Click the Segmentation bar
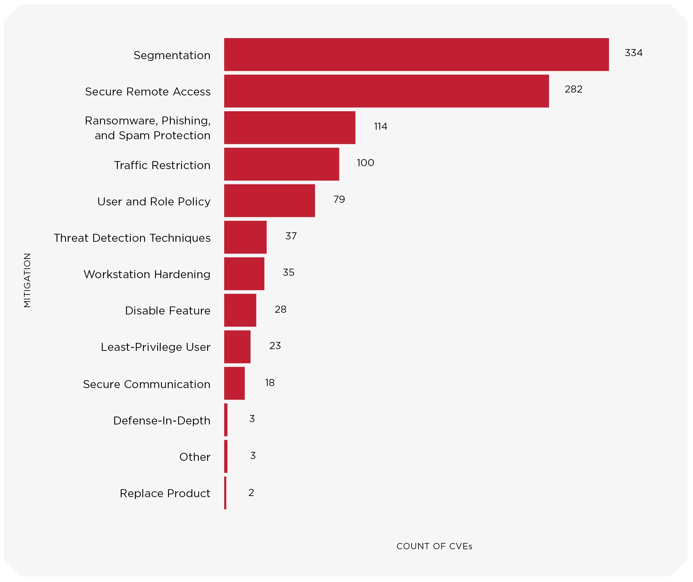coord(416,54)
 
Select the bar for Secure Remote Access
coord(386,91)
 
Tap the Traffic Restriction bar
coord(281,164)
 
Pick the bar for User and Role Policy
coord(269,201)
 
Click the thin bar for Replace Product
coord(225,493)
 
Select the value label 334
coord(633,53)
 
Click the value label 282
coord(573,89)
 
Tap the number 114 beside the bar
coord(380,127)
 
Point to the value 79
coord(339,199)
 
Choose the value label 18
coord(270,382)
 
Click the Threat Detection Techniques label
coord(132,238)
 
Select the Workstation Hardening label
coord(147,274)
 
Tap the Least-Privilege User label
coord(156,347)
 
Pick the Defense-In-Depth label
coord(162,421)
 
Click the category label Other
coord(195,457)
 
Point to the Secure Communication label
coord(147,384)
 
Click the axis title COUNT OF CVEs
coord(434,546)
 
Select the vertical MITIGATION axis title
coord(27,280)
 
